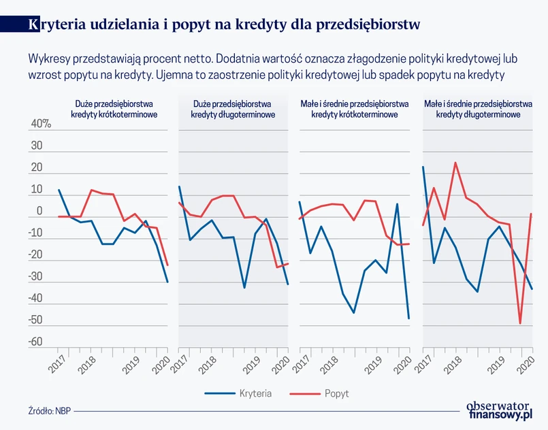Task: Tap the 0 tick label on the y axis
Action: [39, 211]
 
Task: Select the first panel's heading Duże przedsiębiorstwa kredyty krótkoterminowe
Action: [114, 110]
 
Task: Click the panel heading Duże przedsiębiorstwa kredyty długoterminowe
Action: [233, 110]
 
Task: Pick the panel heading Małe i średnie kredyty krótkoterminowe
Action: [354, 110]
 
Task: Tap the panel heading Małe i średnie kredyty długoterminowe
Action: [477, 110]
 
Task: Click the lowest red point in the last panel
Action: [520, 323]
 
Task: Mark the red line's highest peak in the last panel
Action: [455, 163]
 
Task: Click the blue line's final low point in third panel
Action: [409, 318]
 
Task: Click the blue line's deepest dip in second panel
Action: [244, 287]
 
